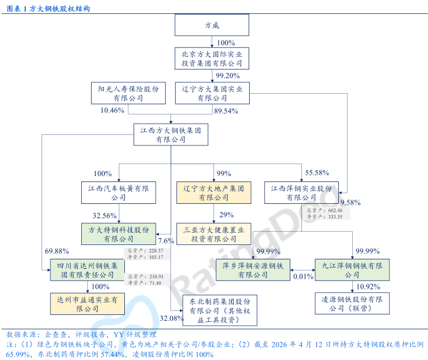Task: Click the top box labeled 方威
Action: pyautogui.click(x=212, y=25)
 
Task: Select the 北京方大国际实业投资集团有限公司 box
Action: pyautogui.click(x=212, y=58)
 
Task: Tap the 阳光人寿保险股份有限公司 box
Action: pyautogui.click(x=128, y=93)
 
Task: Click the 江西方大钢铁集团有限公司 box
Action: pyautogui.click(x=170, y=134)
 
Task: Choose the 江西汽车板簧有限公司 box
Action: pyautogui.click(x=118, y=193)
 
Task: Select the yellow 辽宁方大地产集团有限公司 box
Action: pyautogui.click(x=214, y=193)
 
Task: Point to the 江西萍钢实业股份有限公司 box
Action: pyautogui.click(x=301, y=193)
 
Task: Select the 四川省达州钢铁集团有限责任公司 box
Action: pyautogui.click(x=87, y=270)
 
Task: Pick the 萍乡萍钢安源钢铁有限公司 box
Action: pyautogui.click(x=253, y=270)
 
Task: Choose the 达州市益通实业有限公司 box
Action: pyautogui.click(x=87, y=304)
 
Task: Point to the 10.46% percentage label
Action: pyautogui.click(x=112, y=111)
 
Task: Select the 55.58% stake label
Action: pyautogui.click(x=317, y=173)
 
